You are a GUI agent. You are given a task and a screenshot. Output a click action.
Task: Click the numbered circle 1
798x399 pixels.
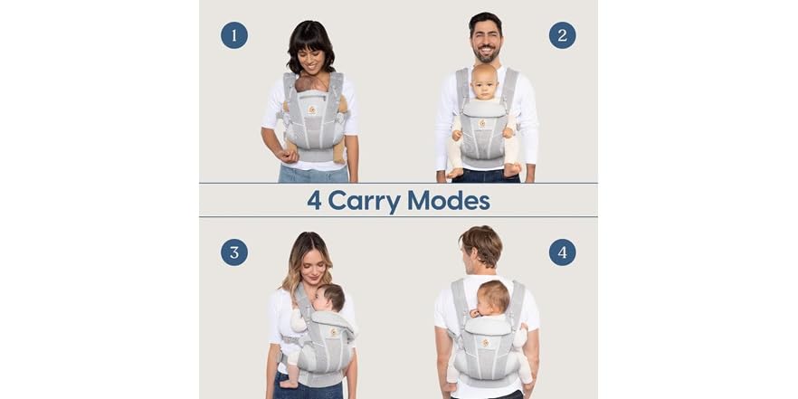coord(234,35)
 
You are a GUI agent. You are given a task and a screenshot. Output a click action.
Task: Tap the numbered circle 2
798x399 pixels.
coord(562,35)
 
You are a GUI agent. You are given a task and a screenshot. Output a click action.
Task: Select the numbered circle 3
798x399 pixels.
coord(234,252)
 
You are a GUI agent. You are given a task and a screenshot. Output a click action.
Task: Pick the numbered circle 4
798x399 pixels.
coord(562,252)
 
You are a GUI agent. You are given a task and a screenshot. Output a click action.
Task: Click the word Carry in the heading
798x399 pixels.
coord(365,200)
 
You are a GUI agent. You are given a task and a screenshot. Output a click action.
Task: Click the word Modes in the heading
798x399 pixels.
coord(450,200)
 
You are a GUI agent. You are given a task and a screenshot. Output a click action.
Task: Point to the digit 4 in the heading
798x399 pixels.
coord(314,200)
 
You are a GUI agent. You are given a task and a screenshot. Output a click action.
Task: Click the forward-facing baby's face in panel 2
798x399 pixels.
coord(486,82)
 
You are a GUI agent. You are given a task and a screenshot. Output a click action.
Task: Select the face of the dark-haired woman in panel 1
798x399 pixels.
coord(313,58)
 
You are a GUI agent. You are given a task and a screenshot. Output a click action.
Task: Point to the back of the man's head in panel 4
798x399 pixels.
coord(480,249)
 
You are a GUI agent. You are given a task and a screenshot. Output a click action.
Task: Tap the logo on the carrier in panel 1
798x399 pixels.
coord(312,109)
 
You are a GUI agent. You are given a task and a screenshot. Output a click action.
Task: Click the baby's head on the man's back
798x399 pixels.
coord(492,298)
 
